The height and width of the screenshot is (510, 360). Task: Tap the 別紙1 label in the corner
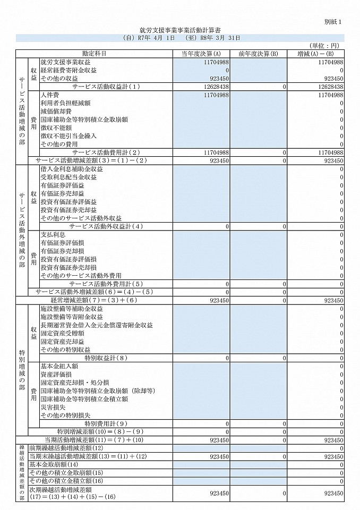(333, 21)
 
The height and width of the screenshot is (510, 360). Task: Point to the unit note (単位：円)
(325, 46)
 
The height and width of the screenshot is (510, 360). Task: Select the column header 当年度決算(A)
(202, 54)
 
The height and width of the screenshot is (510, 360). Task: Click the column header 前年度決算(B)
(259, 54)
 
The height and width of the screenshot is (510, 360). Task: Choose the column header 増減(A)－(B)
(316, 54)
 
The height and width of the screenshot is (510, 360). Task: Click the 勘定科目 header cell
(95, 54)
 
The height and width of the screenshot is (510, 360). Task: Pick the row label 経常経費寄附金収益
(68, 70)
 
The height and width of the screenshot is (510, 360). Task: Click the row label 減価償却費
(55, 111)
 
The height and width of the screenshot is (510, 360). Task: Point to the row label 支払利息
(53, 234)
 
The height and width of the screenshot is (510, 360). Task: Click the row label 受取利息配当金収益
(68, 177)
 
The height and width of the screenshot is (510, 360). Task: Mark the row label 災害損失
(53, 407)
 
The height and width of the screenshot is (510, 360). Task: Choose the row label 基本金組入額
(59, 366)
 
